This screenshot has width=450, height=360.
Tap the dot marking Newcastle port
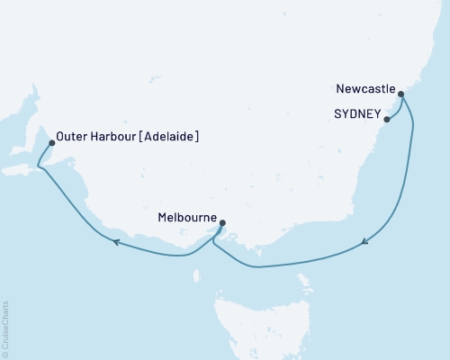click(x=401, y=94)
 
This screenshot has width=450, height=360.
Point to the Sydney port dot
click(x=387, y=119)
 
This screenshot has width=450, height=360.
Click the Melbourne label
click(x=184, y=217)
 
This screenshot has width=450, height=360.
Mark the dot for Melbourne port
click(x=222, y=222)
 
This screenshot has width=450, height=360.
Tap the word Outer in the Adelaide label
click(x=69, y=138)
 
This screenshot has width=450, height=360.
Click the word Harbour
click(x=110, y=138)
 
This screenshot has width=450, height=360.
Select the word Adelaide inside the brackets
click(x=167, y=138)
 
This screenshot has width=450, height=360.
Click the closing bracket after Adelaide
click(x=196, y=138)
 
